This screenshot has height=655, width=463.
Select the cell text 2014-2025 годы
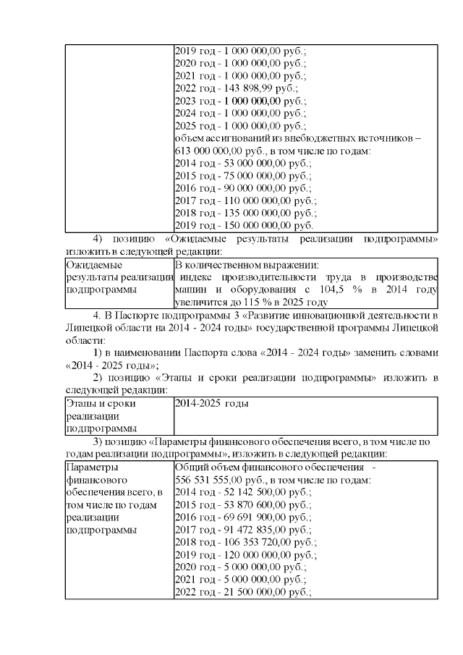[211, 403]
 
